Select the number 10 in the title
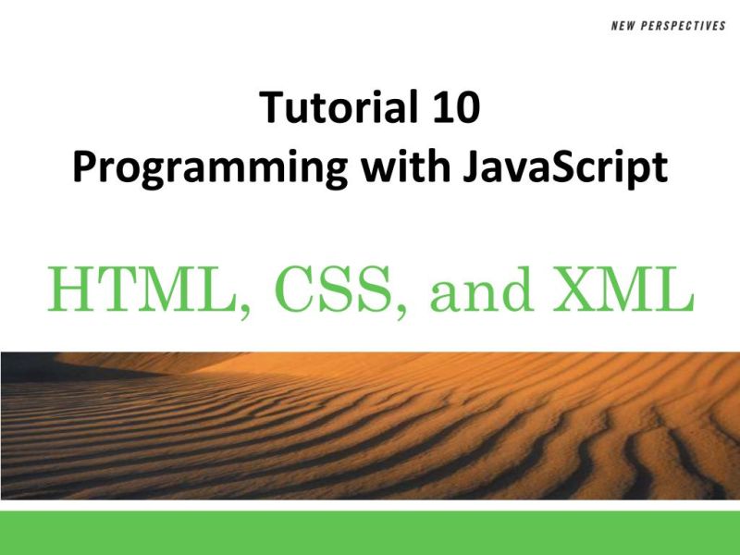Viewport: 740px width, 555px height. click(x=453, y=109)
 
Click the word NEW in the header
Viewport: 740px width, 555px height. click(x=624, y=26)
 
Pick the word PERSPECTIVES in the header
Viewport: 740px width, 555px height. click(x=684, y=26)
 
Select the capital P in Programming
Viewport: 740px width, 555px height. click(x=84, y=167)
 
